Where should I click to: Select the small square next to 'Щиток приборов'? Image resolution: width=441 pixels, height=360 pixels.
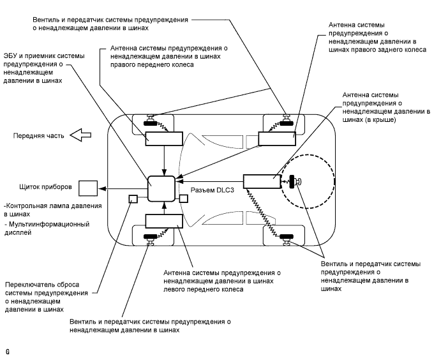(87, 188)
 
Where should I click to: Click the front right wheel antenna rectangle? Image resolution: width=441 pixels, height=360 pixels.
(164, 138)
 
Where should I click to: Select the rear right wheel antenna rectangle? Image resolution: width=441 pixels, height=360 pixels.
(276, 138)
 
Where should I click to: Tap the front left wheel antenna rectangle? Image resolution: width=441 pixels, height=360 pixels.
(164, 221)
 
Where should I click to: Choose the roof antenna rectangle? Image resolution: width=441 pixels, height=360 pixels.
(262, 182)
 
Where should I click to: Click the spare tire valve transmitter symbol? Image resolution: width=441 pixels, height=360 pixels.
(295, 182)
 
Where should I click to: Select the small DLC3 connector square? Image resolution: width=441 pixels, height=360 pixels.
(183, 199)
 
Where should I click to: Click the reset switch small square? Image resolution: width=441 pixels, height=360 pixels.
(133, 199)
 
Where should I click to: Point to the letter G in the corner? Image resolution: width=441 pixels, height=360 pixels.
(8, 351)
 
